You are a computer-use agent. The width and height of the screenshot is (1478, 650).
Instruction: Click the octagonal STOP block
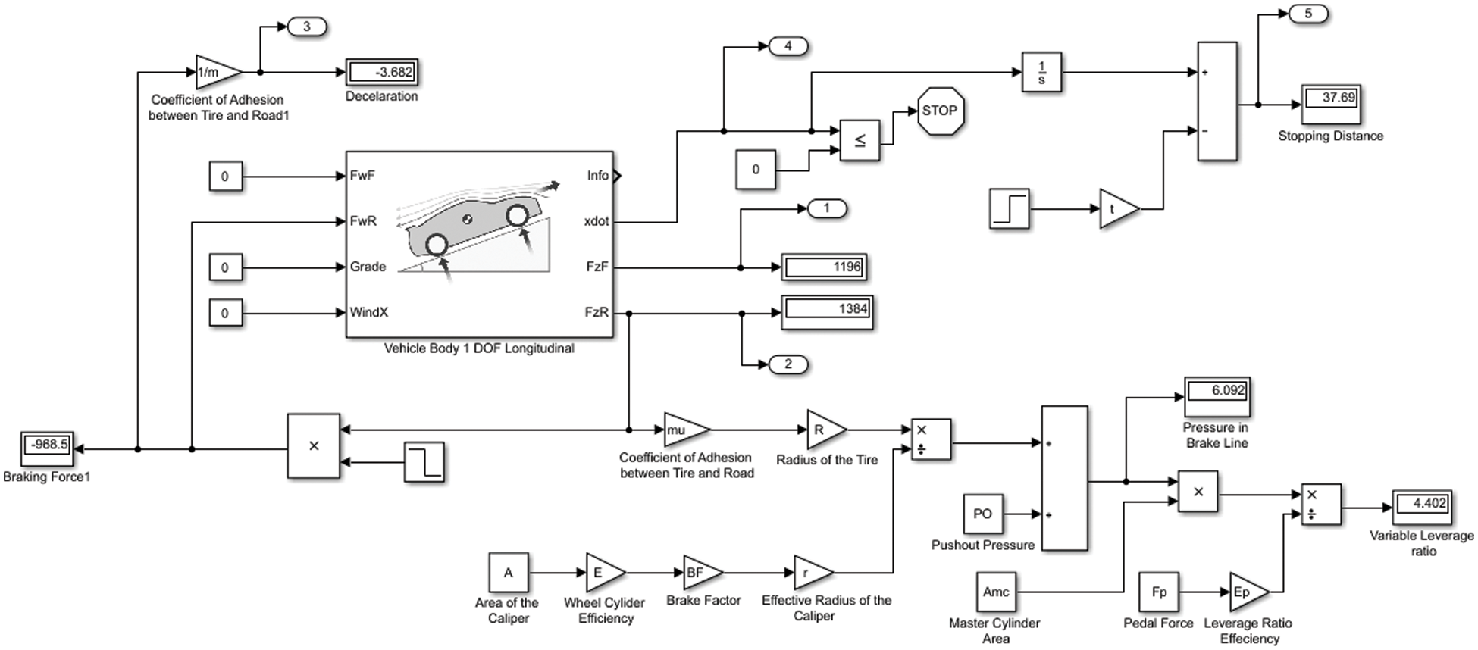click(x=940, y=111)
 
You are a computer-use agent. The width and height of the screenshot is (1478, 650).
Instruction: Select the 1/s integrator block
click(x=1041, y=73)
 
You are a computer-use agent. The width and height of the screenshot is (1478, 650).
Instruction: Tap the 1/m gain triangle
click(x=215, y=73)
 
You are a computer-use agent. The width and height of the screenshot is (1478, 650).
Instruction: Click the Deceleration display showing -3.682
click(x=382, y=73)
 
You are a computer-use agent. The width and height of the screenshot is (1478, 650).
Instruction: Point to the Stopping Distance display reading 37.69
click(x=1331, y=104)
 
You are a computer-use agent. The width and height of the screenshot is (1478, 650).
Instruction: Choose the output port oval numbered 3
click(x=306, y=27)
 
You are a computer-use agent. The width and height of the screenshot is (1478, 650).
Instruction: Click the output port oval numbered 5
click(x=1307, y=14)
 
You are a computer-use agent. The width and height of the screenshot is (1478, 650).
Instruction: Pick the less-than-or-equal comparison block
click(x=860, y=140)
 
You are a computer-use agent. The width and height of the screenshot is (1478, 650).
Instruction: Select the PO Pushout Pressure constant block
click(x=982, y=514)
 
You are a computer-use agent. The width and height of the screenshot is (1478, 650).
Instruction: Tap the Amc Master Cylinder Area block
click(x=996, y=592)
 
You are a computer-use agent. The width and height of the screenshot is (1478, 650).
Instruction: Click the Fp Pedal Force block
click(x=1159, y=592)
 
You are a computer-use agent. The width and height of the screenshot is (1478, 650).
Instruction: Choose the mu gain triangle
click(x=684, y=430)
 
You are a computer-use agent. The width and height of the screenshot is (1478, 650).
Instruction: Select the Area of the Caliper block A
click(x=508, y=573)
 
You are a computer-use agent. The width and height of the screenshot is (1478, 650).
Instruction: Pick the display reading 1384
click(x=827, y=312)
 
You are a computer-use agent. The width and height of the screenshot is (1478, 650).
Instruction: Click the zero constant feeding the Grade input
click(x=225, y=267)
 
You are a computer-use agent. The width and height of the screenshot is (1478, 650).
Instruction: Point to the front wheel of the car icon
click(x=517, y=216)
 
